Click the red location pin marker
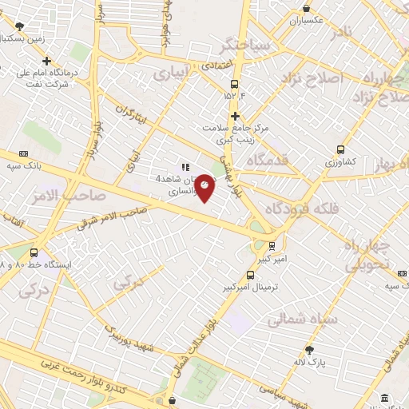click(204, 188)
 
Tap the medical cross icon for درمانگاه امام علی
click(47, 61)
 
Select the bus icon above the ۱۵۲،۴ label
click(234, 84)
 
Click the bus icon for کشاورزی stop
click(341, 149)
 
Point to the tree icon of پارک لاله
click(309, 349)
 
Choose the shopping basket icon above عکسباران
click(304, 6)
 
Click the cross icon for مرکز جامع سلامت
click(235, 116)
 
